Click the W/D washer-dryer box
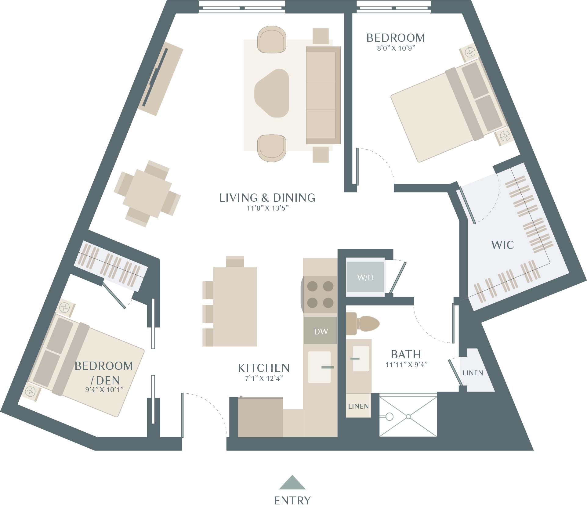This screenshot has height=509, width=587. (365, 277)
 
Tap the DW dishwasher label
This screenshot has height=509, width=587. (321, 332)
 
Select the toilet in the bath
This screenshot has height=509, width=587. (362, 324)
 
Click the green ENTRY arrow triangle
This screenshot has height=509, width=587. (292, 482)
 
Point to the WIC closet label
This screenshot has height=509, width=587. (502, 245)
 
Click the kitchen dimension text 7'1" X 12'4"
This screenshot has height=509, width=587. (264, 378)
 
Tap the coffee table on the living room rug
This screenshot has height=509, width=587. (272, 93)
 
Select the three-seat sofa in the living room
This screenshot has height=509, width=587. (323, 95)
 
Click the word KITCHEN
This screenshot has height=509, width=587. (264, 368)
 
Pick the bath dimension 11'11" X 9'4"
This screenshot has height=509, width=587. (406, 365)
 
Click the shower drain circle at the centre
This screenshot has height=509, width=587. (408, 417)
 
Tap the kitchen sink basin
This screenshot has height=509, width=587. (319, 367)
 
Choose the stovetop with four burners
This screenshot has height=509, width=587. (320, 294)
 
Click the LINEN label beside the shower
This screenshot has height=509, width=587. (358, 406)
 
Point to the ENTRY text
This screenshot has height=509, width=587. (292, 500)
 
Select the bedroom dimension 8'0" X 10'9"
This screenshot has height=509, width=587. (396, 48)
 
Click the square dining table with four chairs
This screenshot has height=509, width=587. (147, 193)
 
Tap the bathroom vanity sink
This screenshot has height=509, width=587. (361, 358)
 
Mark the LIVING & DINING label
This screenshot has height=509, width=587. (267, 198)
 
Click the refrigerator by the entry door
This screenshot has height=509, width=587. (260, 417)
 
